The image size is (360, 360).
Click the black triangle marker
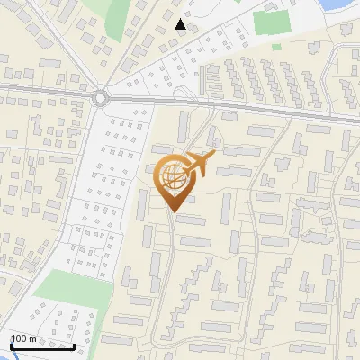(181, 24)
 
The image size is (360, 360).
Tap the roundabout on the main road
(100, 96)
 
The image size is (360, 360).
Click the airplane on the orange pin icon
(200, 164)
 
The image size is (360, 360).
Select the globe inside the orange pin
(172, 176)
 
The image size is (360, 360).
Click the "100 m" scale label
(23, 338)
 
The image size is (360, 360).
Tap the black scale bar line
(42, 346)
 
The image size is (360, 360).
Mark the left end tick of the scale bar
(11, 344)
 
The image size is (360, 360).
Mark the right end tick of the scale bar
(74, 344)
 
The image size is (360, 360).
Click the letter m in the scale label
(31, 338)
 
